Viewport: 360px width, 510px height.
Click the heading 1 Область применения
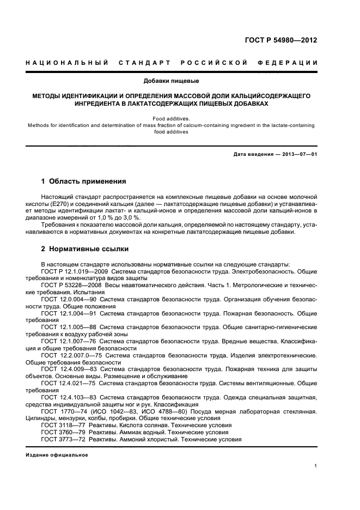(x=84, y=181)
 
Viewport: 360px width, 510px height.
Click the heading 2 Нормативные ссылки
(x=85, y=248)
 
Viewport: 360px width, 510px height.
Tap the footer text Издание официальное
(x=57, y=454)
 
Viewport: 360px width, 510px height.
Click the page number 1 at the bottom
(x=315, y=466)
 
